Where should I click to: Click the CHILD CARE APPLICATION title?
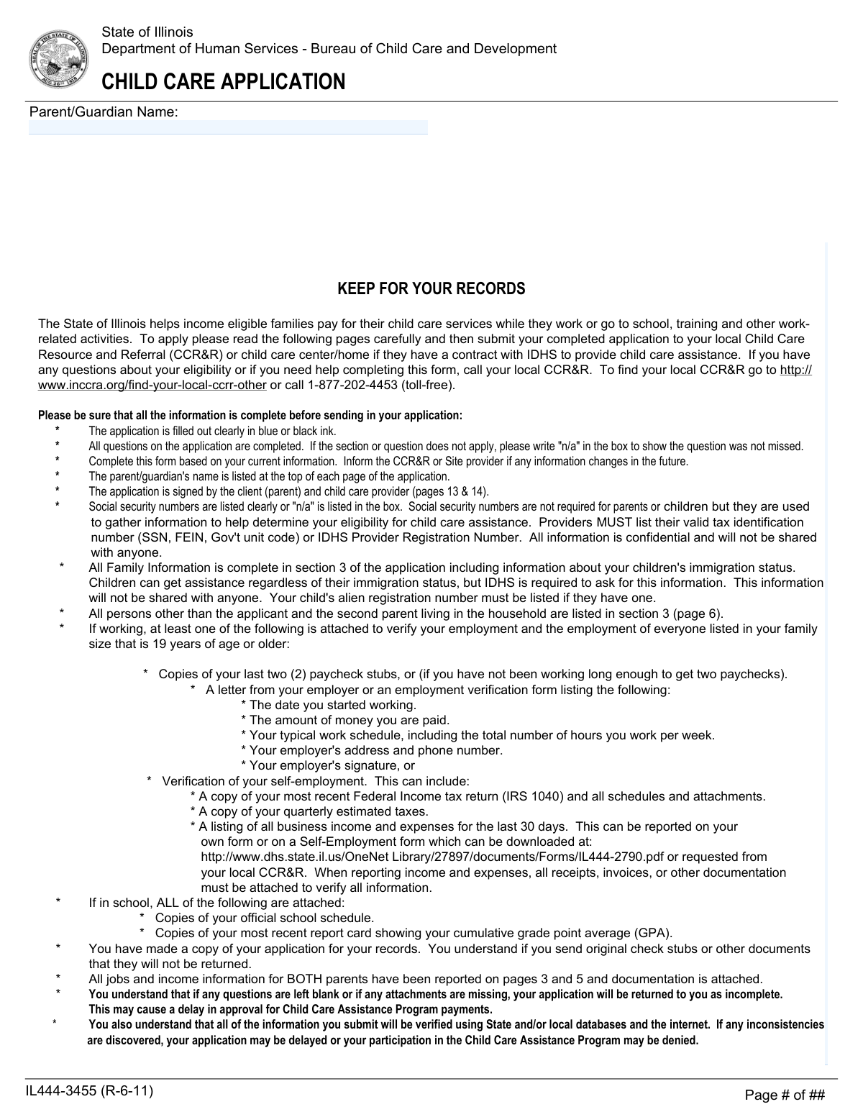pyautogui.click(x=223, y=82)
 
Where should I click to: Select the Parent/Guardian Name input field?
pyautogui.click(x=228, y=127)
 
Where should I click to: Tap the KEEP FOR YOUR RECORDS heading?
pyautogui.click(x=431, y=289)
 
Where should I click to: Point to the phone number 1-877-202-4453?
pyautogui.click(x=352, y=385)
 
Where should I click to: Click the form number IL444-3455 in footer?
pyautogui.click(x=89, y=1091)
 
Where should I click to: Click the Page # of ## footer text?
pyautogui.click(x=785, y=1095)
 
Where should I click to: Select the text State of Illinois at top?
pyautogui.click(x=147, y=32)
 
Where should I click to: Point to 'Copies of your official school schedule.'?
pyautogui.click(x=264, y=918)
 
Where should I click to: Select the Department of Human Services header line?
pyautogui.click(x=329, y=48)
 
